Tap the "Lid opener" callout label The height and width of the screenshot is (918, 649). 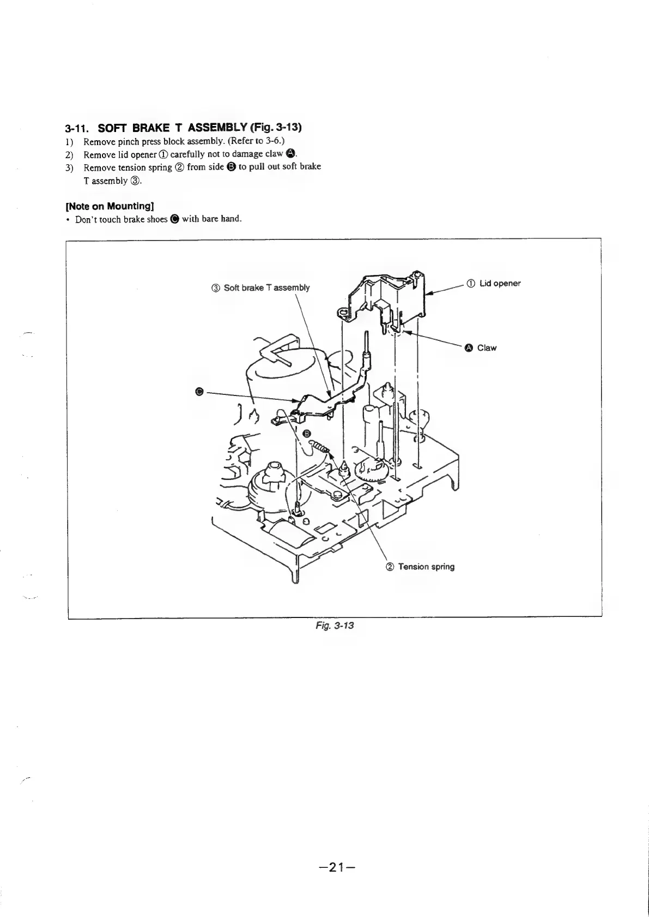pyautogui.click(x=500, y=283)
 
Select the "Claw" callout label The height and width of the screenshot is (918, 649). pyautogui.click(x=487, y=348)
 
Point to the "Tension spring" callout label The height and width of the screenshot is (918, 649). pyautogui.click(x=426, y=567)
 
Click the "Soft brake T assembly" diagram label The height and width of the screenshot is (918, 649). pyautogui.click(x=266, y=287)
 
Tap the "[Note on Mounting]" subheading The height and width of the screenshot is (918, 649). pyautogui.click(x=109, y=206)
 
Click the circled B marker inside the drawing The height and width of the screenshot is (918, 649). pyautogui.click(x=307, y=433)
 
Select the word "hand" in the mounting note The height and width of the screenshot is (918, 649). pyautogui.click(x=230, y=219)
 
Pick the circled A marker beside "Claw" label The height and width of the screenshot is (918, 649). pyautogui.click(x=469, y=348)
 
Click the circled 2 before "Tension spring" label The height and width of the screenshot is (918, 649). pyautogui.click(x=390, y=567)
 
